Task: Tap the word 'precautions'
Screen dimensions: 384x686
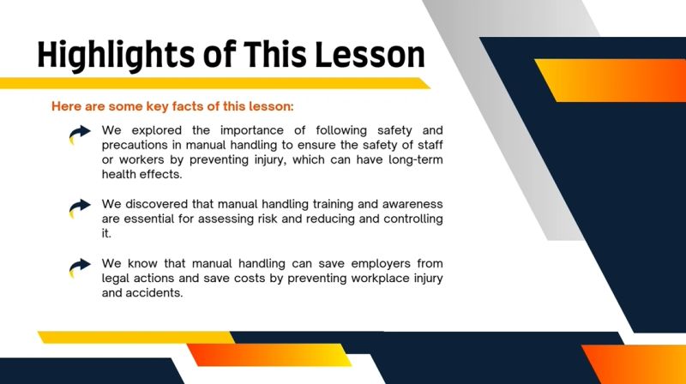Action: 137,145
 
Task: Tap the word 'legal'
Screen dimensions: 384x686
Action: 117,278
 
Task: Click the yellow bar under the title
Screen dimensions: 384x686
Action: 214,83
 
